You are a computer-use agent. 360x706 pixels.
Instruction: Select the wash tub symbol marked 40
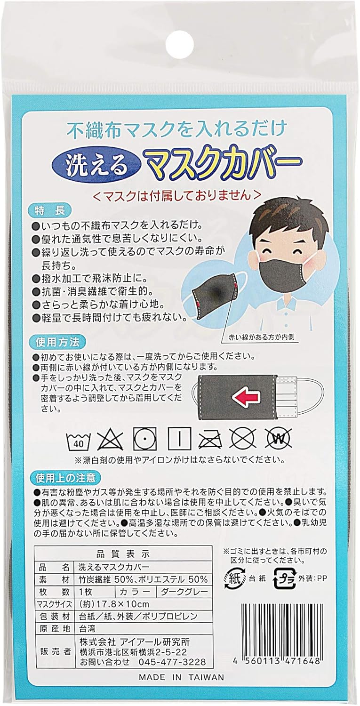point(74,439)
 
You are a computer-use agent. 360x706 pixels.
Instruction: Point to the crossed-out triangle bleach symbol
point(108,438)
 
